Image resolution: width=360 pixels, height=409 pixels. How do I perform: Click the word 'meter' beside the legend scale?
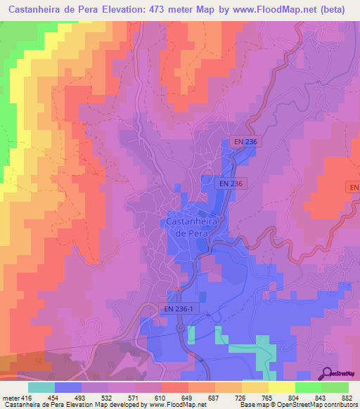point(11,398)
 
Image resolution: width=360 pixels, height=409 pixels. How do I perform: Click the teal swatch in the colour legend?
point(41,387)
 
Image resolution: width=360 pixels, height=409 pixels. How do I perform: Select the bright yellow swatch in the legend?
point(281,387)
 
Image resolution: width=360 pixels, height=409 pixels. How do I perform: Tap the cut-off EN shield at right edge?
point(354,188)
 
